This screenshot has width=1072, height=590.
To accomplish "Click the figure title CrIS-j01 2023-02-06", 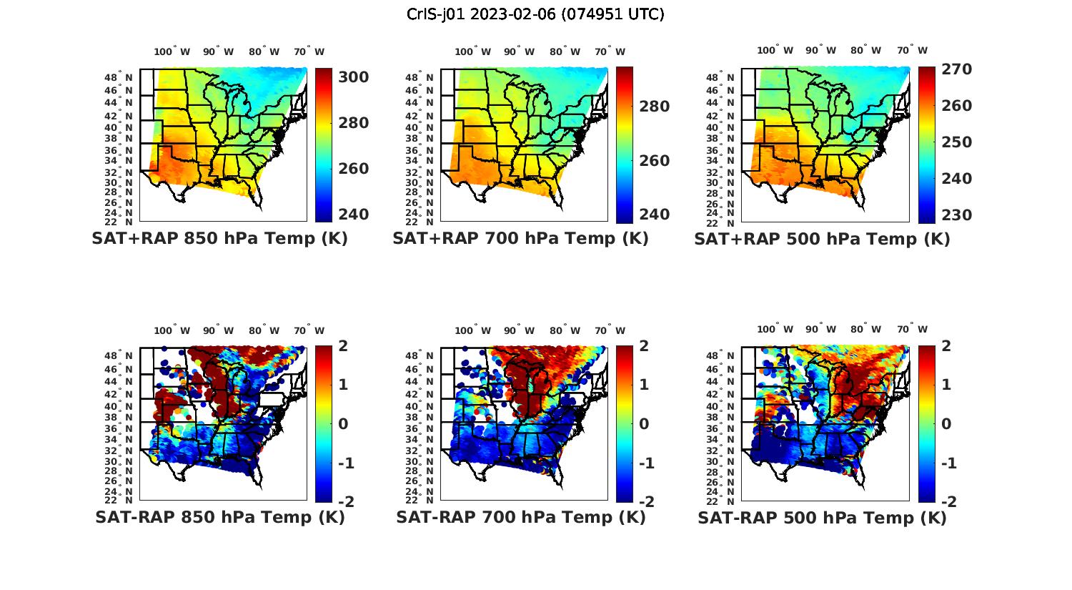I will pos(535,14).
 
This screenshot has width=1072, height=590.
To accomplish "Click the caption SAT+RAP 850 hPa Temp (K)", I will pos(219,239).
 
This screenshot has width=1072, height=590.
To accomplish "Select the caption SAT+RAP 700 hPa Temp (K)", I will pos(520,239).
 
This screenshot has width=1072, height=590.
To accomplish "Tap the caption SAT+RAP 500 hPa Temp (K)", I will pos(822,240).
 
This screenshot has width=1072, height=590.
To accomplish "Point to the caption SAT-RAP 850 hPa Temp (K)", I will pos(219,517).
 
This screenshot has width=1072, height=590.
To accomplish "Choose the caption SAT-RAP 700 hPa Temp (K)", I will pos(520,517).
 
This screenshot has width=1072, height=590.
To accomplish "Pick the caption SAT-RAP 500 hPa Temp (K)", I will pos(822,518).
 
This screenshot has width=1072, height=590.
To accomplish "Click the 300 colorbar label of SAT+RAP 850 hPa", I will pos(354,77).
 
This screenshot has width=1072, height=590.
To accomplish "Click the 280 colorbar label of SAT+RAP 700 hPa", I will pos(655,107).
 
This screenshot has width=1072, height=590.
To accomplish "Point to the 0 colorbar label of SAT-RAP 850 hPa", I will pos(343,423).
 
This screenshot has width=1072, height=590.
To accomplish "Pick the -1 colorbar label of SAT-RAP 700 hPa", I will pos(646,463).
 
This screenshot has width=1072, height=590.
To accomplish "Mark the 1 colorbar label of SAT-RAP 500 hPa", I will pos(946,385).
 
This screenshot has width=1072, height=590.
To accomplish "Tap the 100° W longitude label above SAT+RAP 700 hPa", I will pos(472,51).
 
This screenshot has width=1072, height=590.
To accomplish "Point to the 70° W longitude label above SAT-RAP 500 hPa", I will pos(913,329).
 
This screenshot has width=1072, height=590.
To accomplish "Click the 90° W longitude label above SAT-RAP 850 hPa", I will pos(218,330).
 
